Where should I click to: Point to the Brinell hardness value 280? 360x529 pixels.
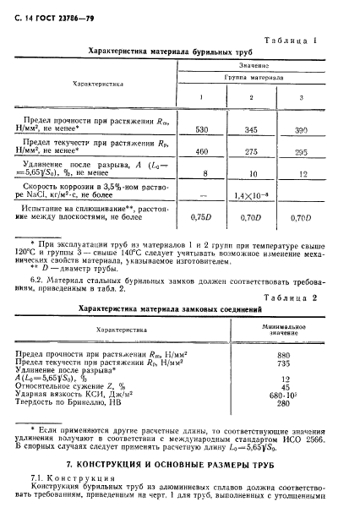point(284,404)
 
